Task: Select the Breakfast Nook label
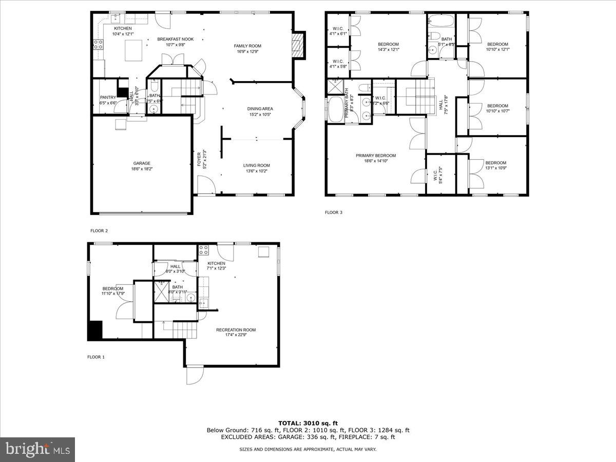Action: [175, 39]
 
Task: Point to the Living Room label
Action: [256, 165]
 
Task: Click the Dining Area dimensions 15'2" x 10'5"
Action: [260, 114]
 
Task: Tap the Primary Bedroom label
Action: [376, 156]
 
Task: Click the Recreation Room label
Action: [236, 330]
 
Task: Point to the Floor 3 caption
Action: [334, 212]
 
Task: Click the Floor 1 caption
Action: [96, 357]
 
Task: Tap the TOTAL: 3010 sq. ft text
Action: [308, 422]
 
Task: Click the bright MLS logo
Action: [37, 450]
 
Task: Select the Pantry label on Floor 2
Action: [108, 97]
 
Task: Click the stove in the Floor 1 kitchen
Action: [203, 250]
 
